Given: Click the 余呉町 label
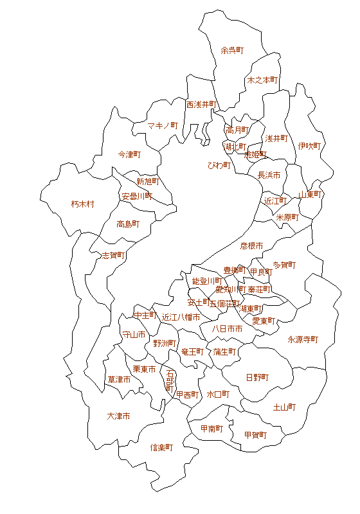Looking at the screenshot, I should coord(232,49).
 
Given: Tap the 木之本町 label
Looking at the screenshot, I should coord(262,80).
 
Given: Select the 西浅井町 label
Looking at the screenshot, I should coord(202,104).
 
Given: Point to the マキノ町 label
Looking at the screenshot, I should coord(163,125).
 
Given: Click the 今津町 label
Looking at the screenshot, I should coord(129,155).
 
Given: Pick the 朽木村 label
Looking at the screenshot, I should coord(82,204).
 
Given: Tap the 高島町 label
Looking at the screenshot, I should coord(128,224).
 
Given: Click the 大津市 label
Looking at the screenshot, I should coord(118,416).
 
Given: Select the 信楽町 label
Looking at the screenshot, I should coord(161,447).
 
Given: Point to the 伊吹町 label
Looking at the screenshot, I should coord(309,146).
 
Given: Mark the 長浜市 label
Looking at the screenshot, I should coord(269,175).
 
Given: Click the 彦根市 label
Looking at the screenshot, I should coord(251,245).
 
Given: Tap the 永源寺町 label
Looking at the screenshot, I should coord(303,339).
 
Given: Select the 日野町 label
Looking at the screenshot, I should coord(257,377).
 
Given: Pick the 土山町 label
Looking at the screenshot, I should coord(284,407).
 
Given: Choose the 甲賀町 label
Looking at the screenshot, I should coord(255,435).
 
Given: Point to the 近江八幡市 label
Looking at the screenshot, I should coord(181,317).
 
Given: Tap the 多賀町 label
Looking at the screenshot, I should coord(284,265).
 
